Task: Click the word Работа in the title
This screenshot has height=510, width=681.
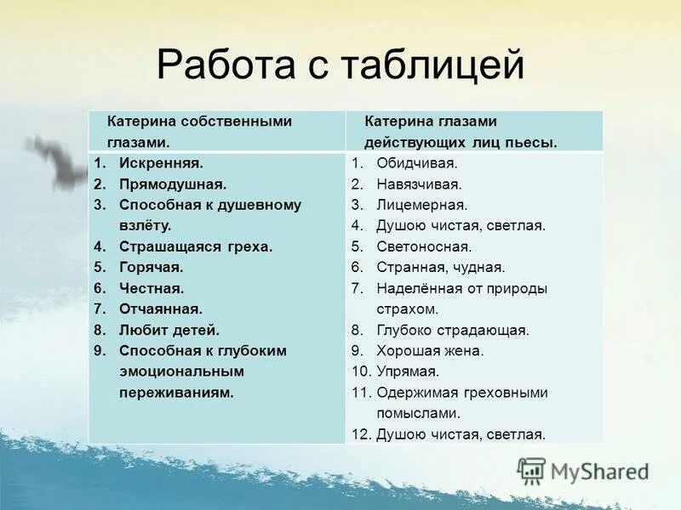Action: coord(222,65)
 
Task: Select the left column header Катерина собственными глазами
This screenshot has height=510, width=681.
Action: coord(199,132)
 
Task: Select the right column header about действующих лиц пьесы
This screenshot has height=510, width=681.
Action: coord(461,132)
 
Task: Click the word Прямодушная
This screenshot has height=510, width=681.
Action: coord(172,184)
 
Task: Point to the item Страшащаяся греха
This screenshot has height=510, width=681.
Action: coord(196,246)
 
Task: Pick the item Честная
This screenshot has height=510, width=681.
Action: coord(152,288)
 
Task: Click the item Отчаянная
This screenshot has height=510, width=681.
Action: coord(160,309)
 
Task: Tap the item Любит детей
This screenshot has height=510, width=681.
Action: coord(169,330)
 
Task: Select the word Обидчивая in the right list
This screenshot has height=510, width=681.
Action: coord(416,163)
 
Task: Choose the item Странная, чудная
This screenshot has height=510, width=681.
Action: coord(440,268)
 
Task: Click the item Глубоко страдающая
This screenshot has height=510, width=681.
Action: coord(452,330)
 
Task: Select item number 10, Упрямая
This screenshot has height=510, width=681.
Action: coord(408,371)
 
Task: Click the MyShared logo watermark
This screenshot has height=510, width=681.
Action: coord(583,470)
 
